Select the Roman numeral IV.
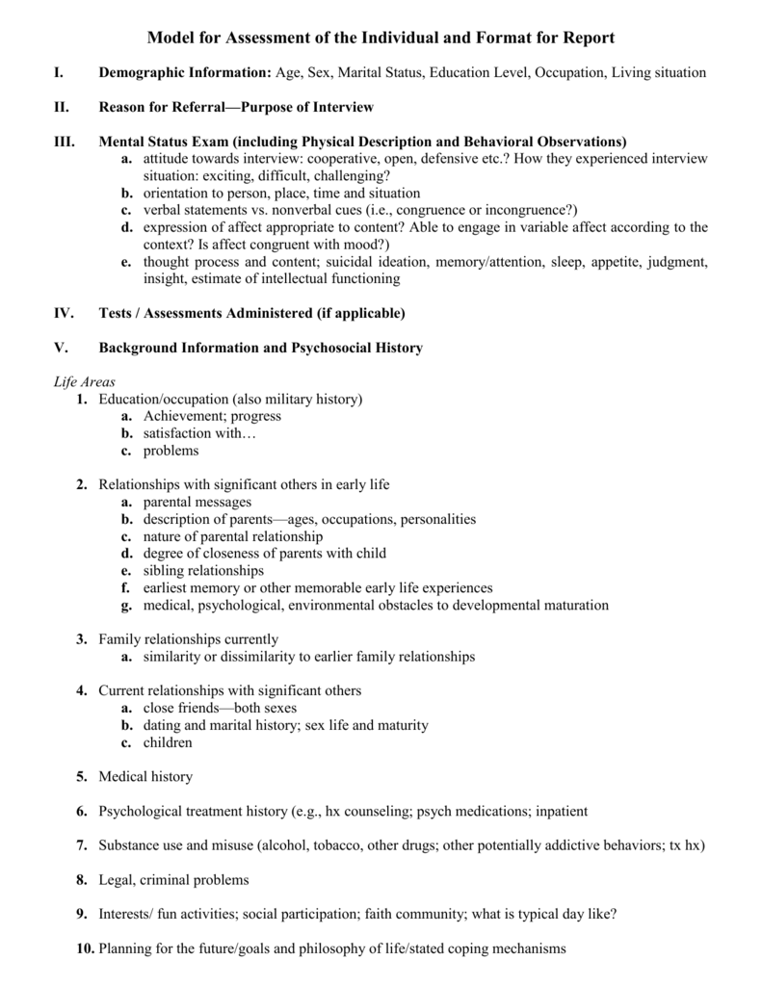63,313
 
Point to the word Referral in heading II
190,106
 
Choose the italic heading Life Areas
83,381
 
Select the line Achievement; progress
212,416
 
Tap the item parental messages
197,502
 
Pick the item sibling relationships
203,570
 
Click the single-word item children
168,742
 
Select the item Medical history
145,776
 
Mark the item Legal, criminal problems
173,879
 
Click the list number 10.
84,948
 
